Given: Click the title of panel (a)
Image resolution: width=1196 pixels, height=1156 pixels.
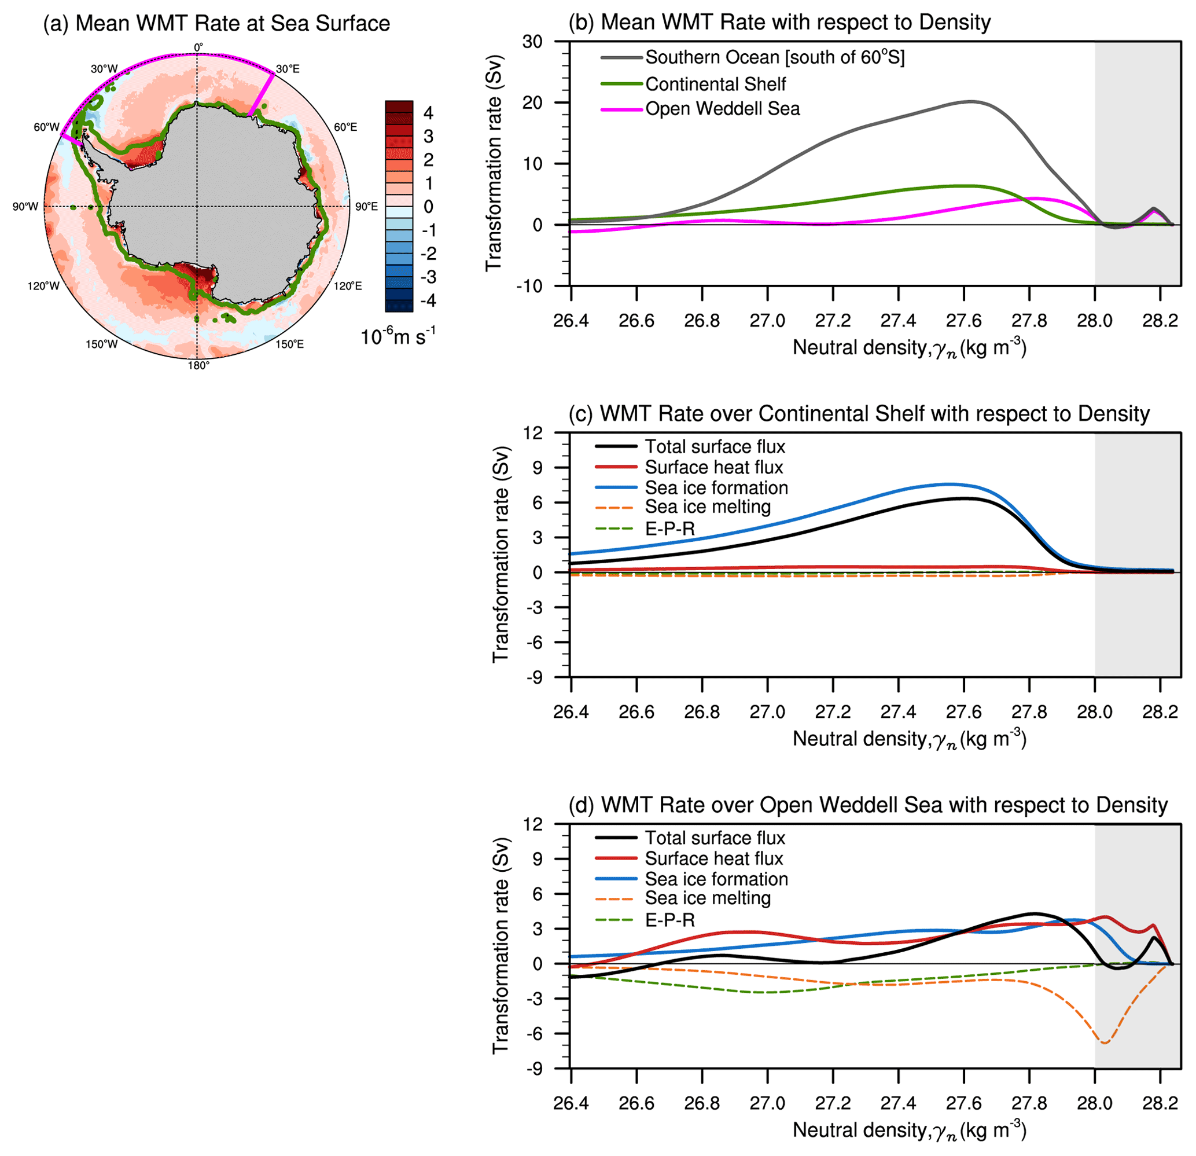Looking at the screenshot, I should point(216,24).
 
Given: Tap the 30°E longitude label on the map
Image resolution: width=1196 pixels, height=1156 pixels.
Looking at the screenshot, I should point(288,69).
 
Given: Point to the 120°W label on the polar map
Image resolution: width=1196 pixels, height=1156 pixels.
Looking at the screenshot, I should point(43,285).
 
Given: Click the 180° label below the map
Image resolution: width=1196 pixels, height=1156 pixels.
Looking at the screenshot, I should point(198,366).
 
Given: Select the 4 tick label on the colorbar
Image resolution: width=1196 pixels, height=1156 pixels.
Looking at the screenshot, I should point(428,113).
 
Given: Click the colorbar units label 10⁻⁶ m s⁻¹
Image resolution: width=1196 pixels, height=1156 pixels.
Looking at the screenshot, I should point(398,336).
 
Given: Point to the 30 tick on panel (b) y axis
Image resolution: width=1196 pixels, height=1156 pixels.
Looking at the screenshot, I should point(532,42).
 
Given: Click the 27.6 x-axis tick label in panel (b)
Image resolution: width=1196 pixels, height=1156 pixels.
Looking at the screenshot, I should point(963,321).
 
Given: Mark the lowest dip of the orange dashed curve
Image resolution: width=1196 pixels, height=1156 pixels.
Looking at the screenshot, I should point(1104,1043).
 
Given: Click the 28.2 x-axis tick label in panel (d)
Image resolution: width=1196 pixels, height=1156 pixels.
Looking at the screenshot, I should point(1160,1103).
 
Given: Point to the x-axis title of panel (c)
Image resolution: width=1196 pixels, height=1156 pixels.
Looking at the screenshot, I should point(909,739).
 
